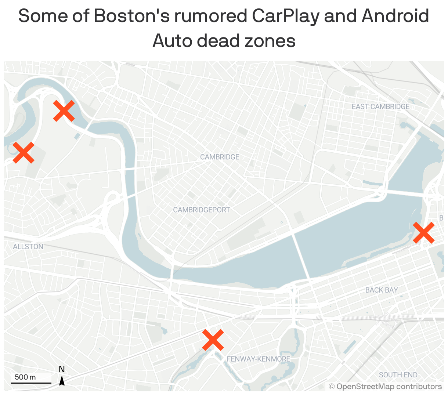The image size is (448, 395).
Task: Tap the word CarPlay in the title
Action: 286,16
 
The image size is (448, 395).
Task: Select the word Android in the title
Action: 395,16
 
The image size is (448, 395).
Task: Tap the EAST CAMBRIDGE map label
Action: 380,106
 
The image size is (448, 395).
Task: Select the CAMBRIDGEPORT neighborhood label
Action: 202,210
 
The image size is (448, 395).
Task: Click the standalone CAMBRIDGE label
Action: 220,157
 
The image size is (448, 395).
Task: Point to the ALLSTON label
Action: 28,247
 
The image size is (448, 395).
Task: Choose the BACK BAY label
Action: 382,290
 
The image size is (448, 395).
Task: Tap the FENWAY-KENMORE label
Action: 259,359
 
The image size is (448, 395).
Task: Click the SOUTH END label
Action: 398,375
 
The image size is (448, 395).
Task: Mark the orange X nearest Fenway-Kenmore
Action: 213,340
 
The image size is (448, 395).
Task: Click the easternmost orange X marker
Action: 424,233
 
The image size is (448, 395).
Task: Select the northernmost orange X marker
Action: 64,111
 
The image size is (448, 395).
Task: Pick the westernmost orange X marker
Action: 24,153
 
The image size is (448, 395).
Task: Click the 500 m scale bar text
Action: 25,377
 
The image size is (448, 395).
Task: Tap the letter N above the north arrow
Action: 62,369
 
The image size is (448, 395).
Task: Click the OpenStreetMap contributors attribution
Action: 385,387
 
